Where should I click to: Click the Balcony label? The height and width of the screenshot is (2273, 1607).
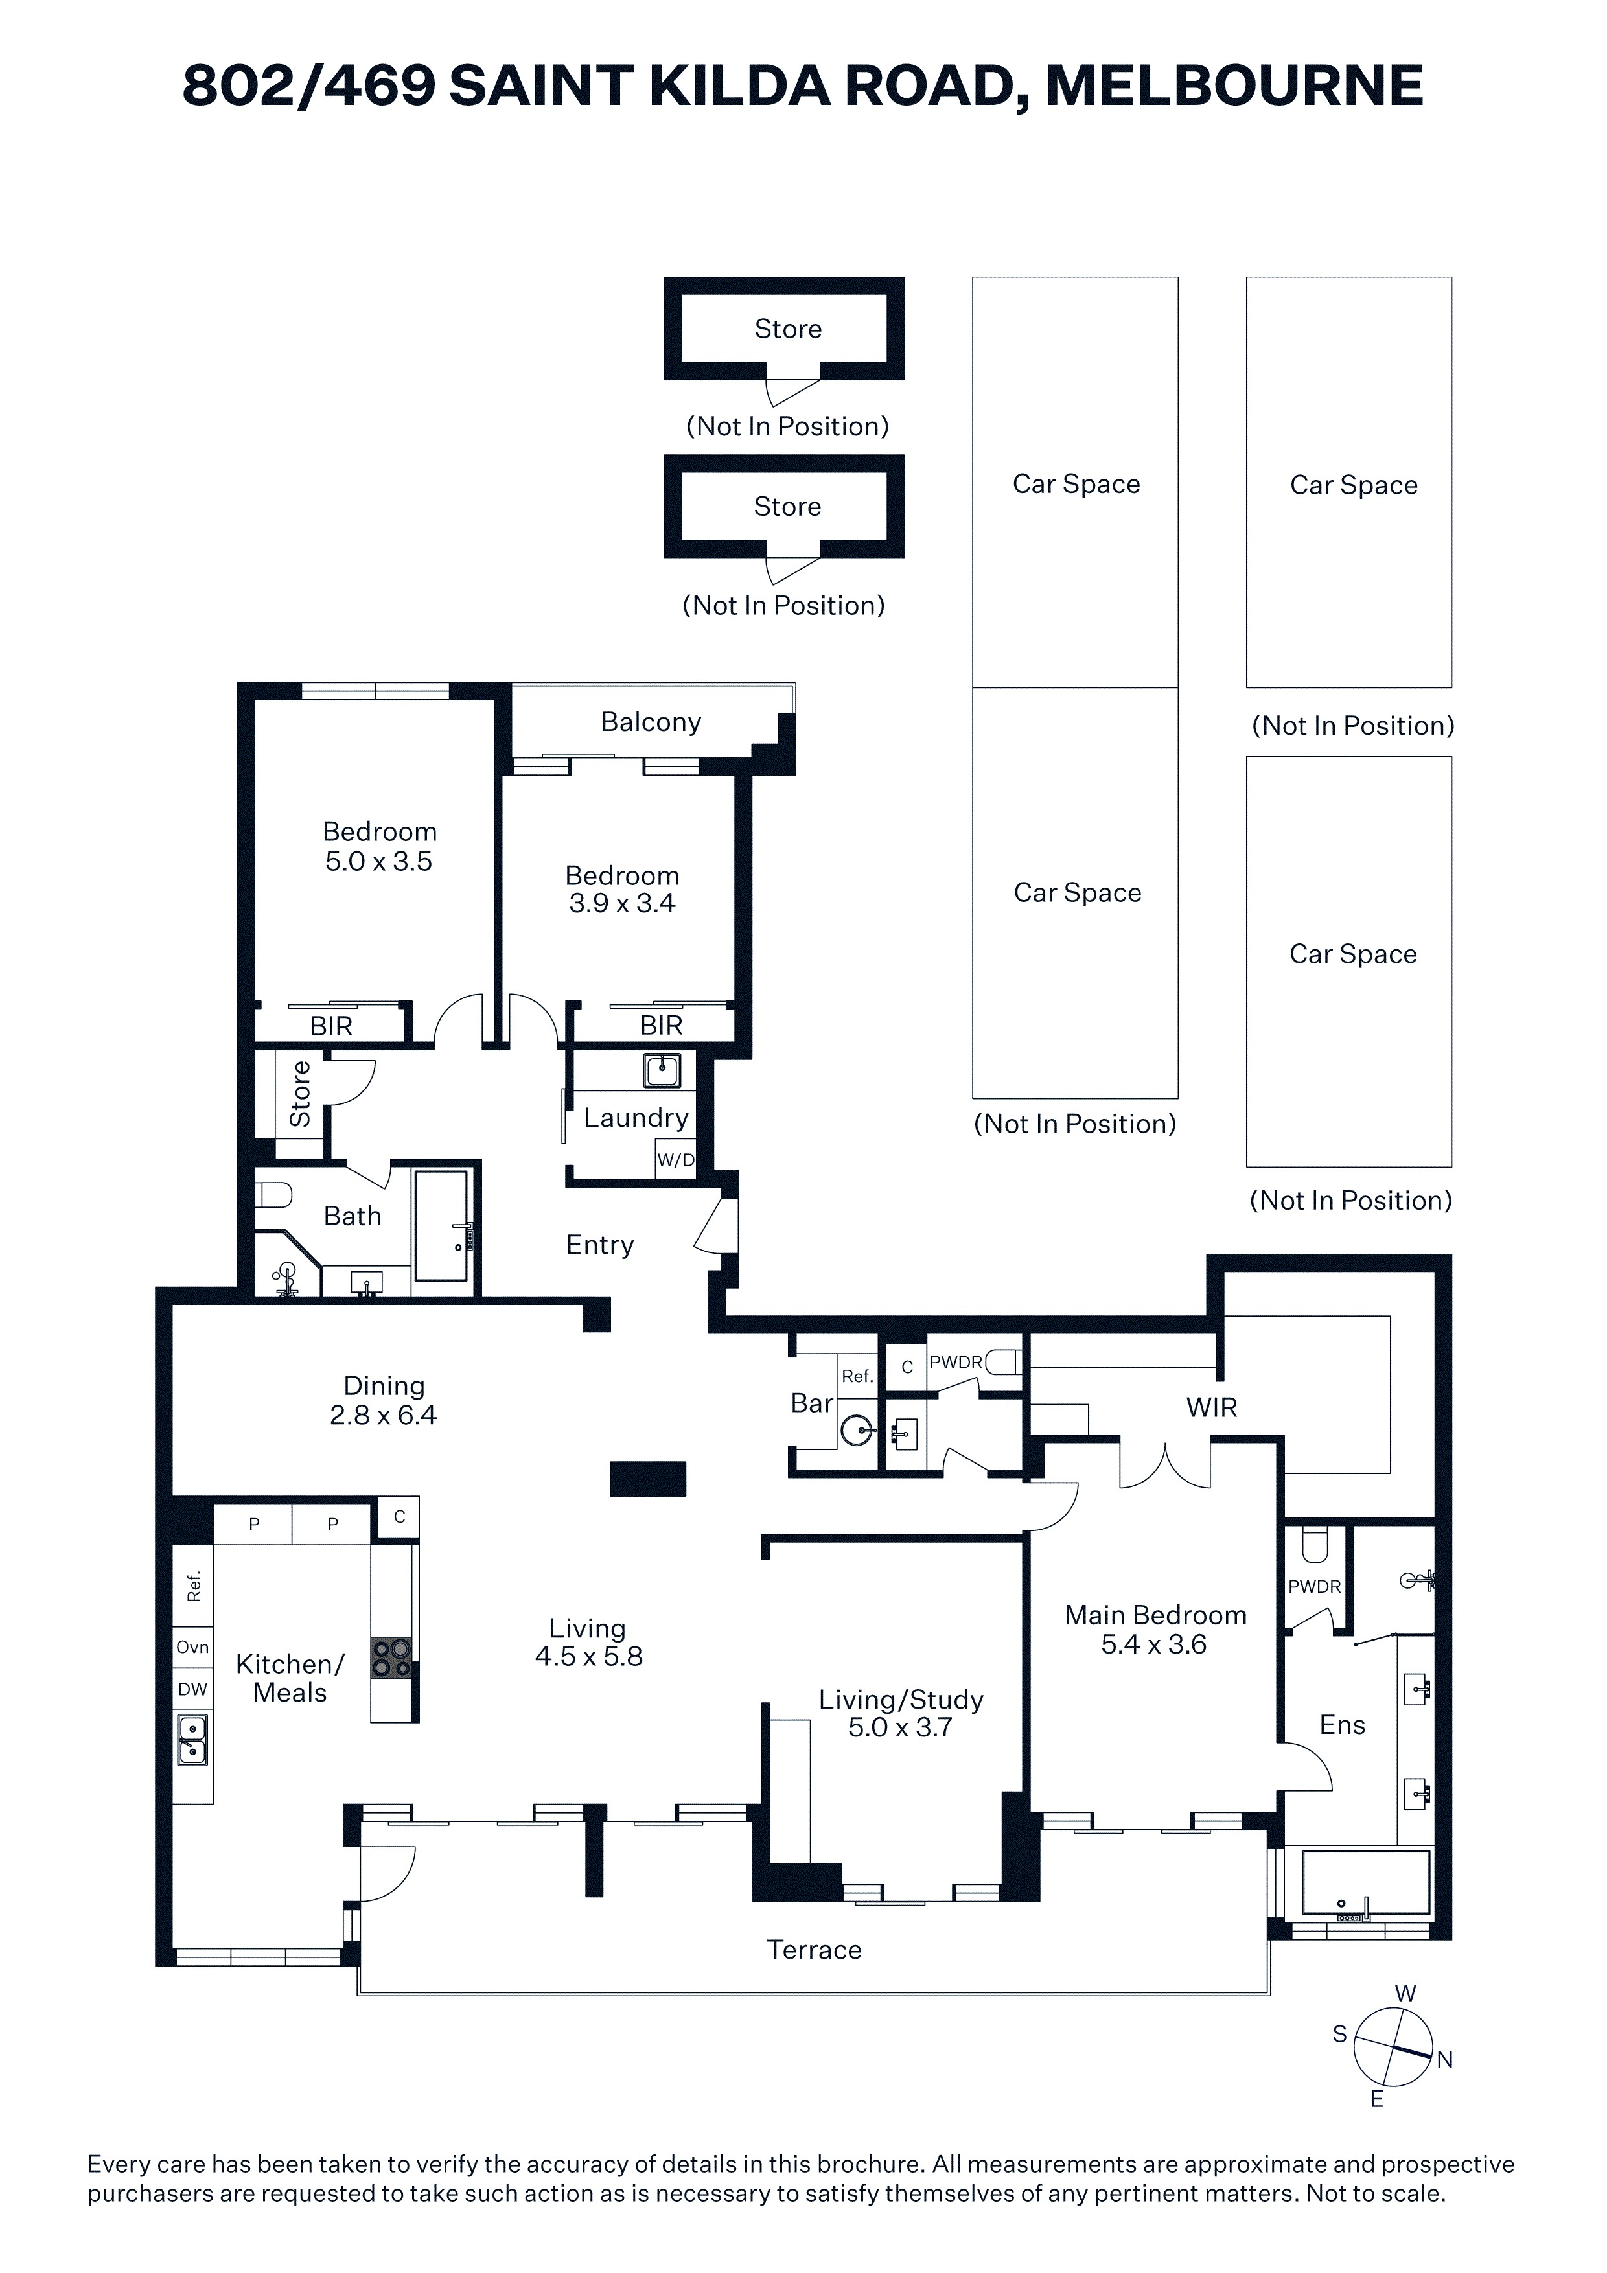pos(651,722)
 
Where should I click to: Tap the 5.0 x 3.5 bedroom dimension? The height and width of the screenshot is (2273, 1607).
pos(379,861)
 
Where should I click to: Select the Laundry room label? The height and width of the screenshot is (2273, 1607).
pos(636,1118)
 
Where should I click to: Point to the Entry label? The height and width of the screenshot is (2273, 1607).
pos(600,1245)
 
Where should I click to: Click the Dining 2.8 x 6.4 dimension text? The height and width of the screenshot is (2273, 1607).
pos(383,1414)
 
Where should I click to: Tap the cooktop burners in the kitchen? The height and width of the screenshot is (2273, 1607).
pos(391,1658)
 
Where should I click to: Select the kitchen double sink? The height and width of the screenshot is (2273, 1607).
pos(192,1740)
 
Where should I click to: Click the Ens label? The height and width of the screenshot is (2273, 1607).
pos(1343,1725)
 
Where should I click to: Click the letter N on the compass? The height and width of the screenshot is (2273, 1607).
pos(1444,2060)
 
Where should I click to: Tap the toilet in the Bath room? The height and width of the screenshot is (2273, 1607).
pos(273,1196)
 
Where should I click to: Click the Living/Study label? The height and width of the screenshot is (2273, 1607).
pos(901,1700)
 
